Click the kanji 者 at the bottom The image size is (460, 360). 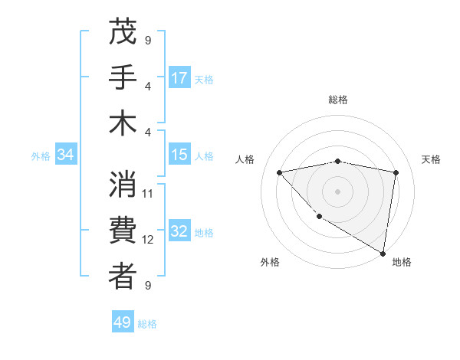pyautogui.click(x=123, y=277)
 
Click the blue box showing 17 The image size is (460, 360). pyautogui.click(x=179, y=77)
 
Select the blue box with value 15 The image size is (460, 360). pyautogui.click(x=179, y=155)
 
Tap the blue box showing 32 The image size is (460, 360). pyautogui.click(x=179, y=232)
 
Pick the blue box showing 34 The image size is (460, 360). pyautogui.click(x=66, y=155)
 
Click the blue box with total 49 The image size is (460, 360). pyautogui.click(x=123, y=322)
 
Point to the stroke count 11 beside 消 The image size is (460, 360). pyautogui.click(x=149, y=193)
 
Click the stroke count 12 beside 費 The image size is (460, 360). pyautogui.click(x=149, y=240)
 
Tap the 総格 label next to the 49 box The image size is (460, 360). pyautogui.click(x=147, y=324)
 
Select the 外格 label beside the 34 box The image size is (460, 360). pyautogui.click(x=41, y=156)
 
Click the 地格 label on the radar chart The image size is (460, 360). pyautogui.click(x=402, y=262)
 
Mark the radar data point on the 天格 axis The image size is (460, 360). pyautogui.click(x=396, y=172)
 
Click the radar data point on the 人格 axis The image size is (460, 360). pyautogui.click(x=279, y=172)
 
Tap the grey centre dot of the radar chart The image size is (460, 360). pyautogui.click(x=337, y=191)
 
